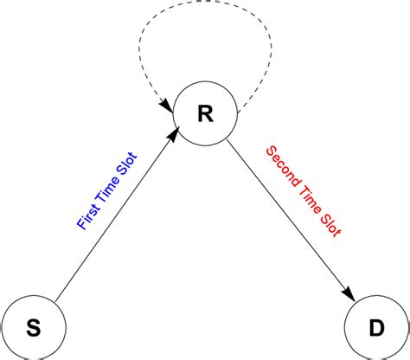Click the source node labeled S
[x=33, y=326]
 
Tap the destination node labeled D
[x=376, y=326]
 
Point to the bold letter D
[x=376, y=326]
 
